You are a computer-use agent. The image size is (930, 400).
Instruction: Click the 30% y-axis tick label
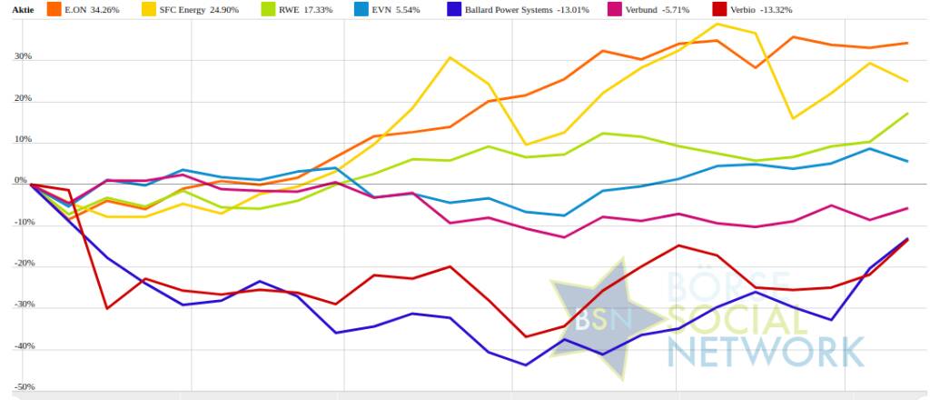tap(22, 56)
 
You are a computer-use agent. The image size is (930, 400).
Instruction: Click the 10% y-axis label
tap(22, 140)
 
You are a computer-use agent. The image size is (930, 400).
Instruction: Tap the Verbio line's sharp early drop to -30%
tap(107, 308)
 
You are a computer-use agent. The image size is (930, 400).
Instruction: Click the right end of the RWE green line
tap(908, 113)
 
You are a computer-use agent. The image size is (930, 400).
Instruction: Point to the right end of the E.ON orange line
tap(908, 43)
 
